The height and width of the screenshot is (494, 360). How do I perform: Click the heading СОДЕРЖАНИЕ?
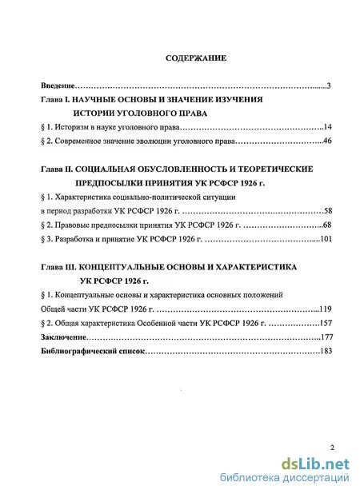[x=196, y=58]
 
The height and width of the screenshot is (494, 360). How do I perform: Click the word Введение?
[x=58, y=85]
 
